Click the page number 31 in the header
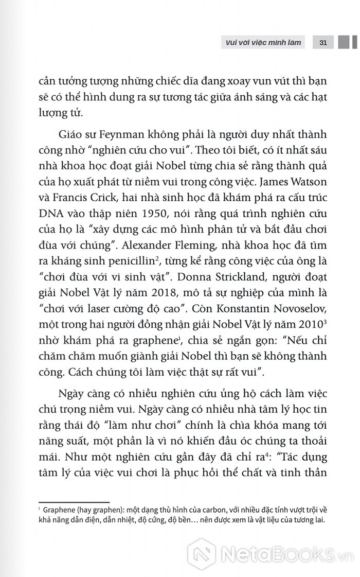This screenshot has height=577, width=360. click(323, 42)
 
